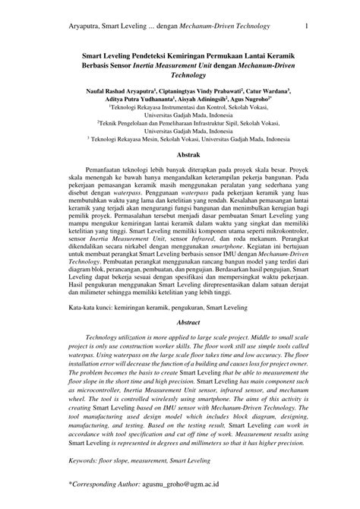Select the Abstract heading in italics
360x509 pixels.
179,323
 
